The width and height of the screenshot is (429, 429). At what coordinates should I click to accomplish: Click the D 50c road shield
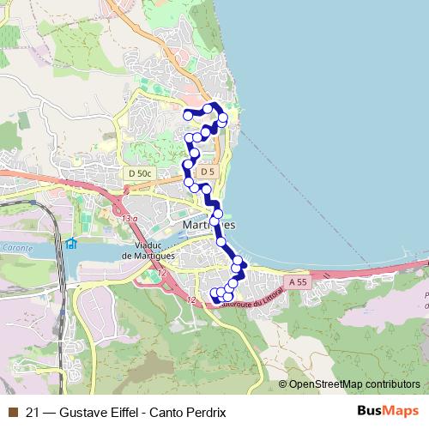[x=138, y=174]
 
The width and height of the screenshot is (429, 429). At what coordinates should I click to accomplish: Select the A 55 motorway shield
[x=297, y=281]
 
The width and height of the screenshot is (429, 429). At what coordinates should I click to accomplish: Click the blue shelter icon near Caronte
[x=72, y=245]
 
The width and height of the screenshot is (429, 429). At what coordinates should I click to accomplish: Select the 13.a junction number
[x=130, y=220]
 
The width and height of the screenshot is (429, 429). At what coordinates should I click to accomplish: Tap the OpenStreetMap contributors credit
[x=354, y=384]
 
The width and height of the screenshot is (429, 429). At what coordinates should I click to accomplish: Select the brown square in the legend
[x=13, y=412]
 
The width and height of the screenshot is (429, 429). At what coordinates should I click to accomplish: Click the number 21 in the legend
[x=33, y=412]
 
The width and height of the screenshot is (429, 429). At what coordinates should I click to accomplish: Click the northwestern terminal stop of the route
[x=187, y=115]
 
